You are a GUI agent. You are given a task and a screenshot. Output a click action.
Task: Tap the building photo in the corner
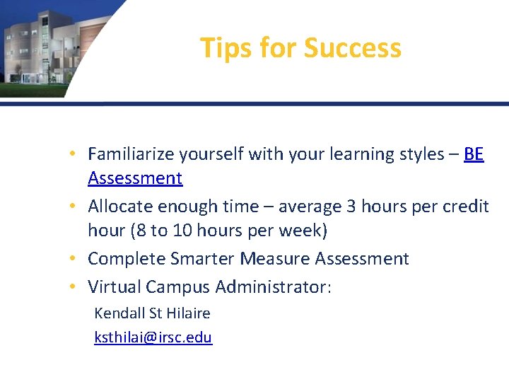49,46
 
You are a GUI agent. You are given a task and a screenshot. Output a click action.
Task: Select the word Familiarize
131,154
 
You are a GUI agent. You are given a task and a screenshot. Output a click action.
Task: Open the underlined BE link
474,154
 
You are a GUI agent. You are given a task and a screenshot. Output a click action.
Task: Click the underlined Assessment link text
135,178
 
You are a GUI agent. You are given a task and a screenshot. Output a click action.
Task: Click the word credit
466,207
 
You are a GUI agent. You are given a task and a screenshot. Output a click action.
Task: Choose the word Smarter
202,259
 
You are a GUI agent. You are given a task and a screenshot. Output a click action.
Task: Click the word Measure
275,259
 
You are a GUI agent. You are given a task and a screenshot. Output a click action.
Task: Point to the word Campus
177,286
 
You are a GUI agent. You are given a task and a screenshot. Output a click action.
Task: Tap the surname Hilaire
188,313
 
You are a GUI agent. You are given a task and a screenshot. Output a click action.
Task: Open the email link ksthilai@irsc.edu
153,337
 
